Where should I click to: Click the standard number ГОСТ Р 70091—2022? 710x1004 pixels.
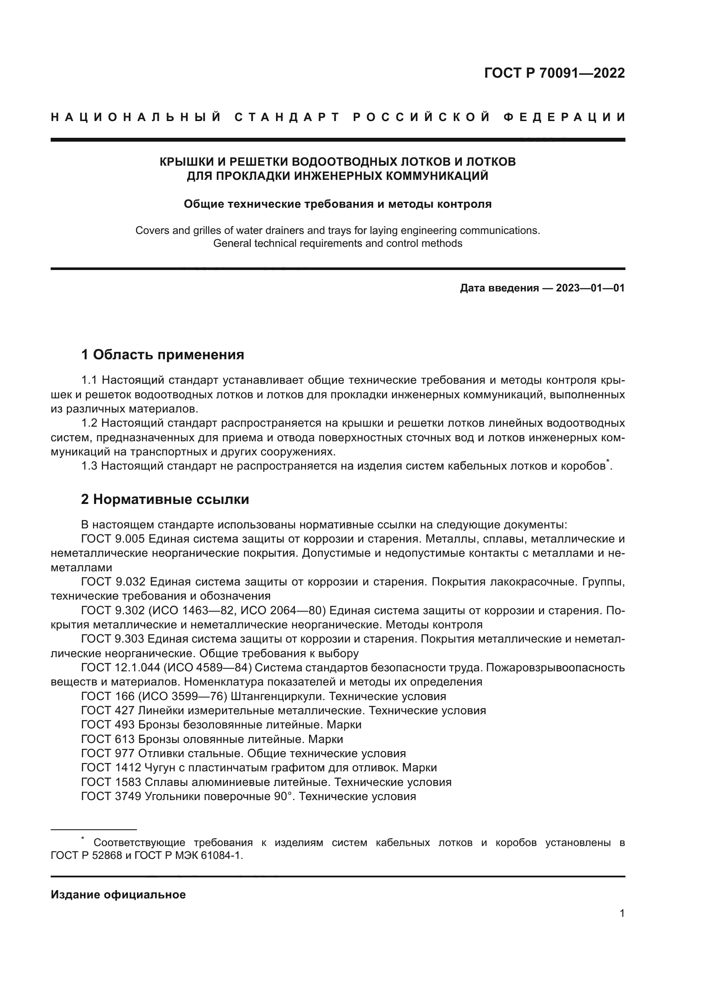pyautogui.click(x=554, y=73)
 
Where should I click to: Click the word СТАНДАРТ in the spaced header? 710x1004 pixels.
pyautogui.click(x=287, y=117)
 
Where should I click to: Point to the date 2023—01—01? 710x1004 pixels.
pyautogui.click(x=590, y=288)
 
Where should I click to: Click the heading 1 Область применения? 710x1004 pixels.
pyautogui.click(x=163, y=354)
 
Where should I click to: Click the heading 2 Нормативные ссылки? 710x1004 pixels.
pyautogui.click(x=165, y=499)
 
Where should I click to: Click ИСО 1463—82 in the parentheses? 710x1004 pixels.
pyautogui.click(x=193, y=610)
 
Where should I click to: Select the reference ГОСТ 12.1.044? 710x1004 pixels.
pyautogui.click(x=121, y=668)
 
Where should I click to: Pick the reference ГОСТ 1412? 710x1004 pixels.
pyautogui.click(x=111, y=767)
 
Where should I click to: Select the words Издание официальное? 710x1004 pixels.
pyautogui.click(x=118, y=895)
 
